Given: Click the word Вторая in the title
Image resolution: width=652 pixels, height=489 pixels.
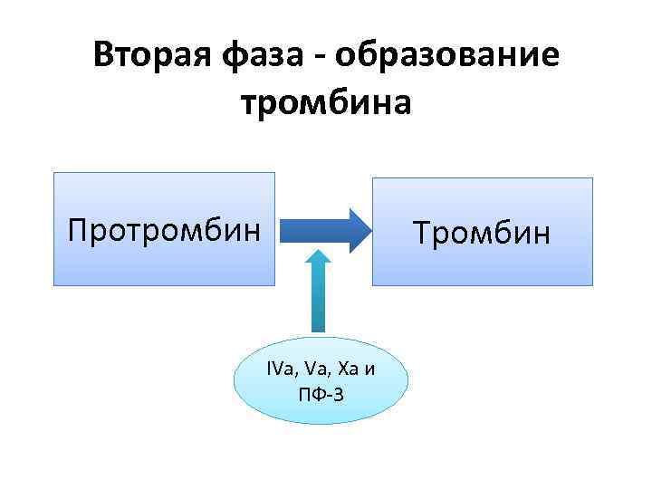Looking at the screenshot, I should click(151, 56).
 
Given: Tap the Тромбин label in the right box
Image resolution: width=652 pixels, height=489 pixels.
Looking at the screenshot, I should click(482, 233).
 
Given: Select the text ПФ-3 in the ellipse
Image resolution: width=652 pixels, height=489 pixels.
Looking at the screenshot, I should click(320, 394).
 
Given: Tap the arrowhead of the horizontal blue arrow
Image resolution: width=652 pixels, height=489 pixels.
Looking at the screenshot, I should click(358, 229).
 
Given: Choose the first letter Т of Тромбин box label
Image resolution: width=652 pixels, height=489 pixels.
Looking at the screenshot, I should click(423, 233).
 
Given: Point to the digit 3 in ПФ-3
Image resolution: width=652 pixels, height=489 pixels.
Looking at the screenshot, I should click(339, 394).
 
